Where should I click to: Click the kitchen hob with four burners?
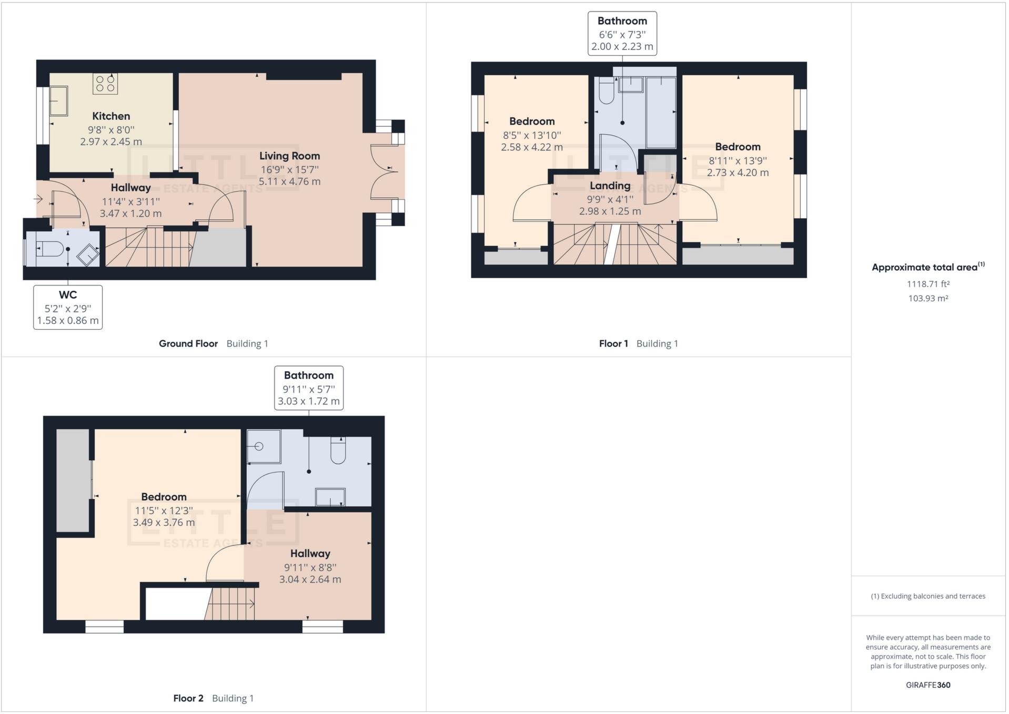point(105,84)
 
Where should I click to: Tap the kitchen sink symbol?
point(58,101)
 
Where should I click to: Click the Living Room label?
point(289,156)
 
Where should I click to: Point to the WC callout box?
point(68,308)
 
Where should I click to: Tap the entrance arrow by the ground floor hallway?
point(38,199)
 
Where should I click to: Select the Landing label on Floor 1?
point(610,186)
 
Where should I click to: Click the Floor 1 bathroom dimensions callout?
point(622,34)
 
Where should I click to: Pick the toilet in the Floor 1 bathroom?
point(606,90)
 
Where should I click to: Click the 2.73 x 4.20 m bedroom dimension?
point(738,172)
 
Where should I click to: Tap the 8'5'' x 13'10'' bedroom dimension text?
point(532,135)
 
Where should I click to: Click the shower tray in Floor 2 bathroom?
point(264,446)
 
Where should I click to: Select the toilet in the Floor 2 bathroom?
point(338,451)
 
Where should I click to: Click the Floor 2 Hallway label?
point(310,554)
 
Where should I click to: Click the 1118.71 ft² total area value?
point(928,284)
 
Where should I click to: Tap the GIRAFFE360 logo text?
point(928,685)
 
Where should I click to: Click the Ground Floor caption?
point(188,344)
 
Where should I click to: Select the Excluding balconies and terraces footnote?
point(928,596)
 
